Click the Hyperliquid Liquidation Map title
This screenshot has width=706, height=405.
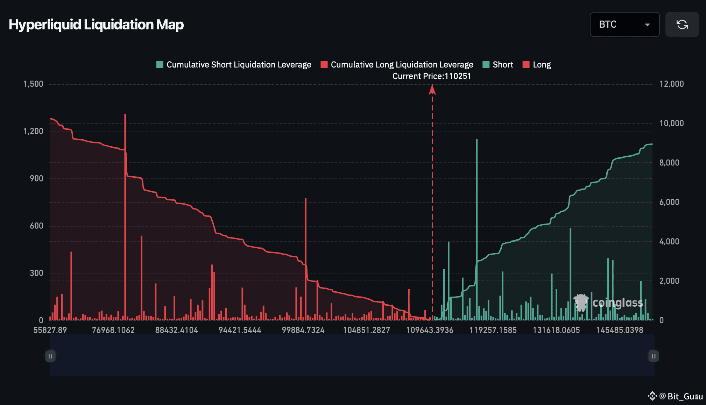tap(96, 25)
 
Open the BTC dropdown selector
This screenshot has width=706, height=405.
tap(624, 24)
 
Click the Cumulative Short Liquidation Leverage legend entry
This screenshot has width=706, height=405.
tap(234, 65)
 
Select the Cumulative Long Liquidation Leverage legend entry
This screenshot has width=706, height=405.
tap(397, 65)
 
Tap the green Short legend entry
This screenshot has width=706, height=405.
tap(498, 65)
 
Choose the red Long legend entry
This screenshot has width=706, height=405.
tap(537, 65)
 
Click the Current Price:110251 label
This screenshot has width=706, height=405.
tap(432, 76)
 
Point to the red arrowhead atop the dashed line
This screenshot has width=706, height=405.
tap(432, 90)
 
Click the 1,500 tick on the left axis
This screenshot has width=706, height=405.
tap(33, 84)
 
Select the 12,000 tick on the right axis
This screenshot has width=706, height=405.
tap(671, 84)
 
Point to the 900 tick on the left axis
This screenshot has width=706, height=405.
tap(36, 178)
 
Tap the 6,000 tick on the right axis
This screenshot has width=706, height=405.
tap(669, 202)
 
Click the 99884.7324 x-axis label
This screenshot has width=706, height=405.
tap(303, 330)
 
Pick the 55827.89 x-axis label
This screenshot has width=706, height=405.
tap(50, 330)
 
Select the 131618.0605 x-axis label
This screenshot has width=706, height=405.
tap(556, 330)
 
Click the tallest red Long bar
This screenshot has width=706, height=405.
tap(125, 217)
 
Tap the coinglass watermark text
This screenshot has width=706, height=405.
tap(617, 303)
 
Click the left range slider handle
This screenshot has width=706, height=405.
tap(50, 356)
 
